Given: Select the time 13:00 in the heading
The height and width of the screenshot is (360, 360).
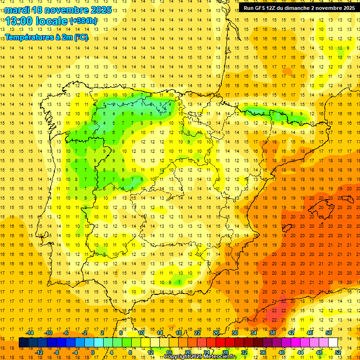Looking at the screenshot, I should (20, 22).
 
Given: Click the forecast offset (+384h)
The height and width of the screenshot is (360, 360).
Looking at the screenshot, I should (83, 21).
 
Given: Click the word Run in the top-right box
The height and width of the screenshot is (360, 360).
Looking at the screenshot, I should (248, 8).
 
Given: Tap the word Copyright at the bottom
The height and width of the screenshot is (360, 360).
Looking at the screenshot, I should (176, 357).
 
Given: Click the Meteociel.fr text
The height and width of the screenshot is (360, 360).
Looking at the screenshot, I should (221, 357).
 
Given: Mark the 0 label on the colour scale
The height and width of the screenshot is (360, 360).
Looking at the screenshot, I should (93, 352).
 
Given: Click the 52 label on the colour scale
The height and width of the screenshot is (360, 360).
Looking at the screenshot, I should (338, 352).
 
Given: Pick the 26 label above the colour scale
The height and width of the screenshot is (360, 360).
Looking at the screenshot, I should (216, 333).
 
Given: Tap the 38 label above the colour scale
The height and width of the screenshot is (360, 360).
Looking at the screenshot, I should (272, 333).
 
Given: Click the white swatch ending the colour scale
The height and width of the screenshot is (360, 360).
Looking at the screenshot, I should (333, 342).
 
